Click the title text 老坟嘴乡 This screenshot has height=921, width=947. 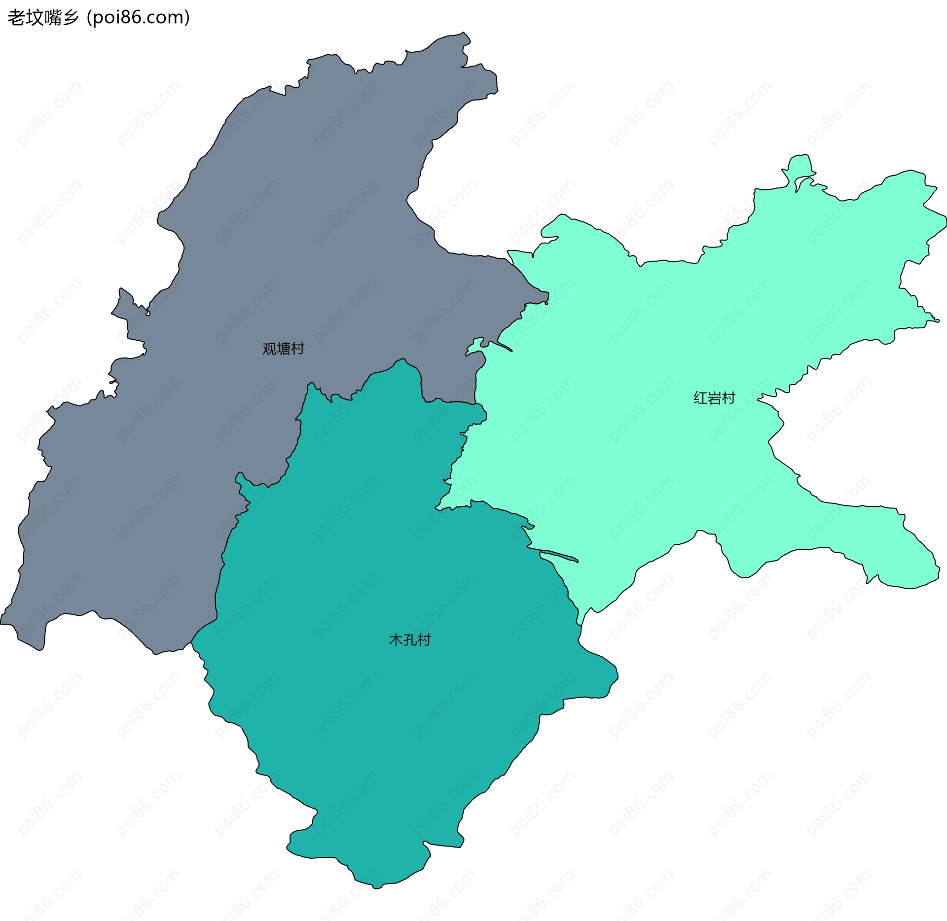[43, 18]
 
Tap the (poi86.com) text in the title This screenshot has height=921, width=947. [138, 18]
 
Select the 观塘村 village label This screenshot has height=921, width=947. [283, 349]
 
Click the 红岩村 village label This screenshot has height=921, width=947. [714, 397]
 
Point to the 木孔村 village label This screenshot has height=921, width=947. [410, 639]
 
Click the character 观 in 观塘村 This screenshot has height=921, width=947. [269, 349]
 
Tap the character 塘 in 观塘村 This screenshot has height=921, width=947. [283, 349]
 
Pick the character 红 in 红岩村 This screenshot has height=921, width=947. [700, 397]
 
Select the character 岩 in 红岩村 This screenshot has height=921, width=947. [714, 397]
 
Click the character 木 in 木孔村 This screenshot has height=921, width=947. [396, 639]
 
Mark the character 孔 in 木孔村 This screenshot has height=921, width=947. [410, 639]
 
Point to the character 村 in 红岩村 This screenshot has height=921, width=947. [728, 397]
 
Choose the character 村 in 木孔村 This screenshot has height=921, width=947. [424, 639]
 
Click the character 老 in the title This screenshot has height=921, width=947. [16, 18]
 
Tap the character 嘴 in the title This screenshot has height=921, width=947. [52, 18]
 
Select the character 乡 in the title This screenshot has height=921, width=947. [71, 18]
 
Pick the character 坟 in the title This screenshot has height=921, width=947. [35, 18]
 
